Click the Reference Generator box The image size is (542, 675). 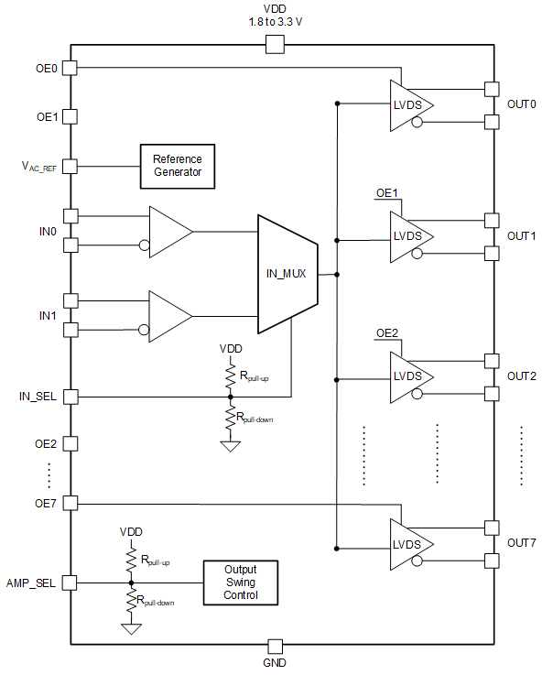(177, 165)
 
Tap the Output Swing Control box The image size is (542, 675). (240, 582)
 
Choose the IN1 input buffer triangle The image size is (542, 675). (170, 314)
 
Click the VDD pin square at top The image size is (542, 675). (274, 44)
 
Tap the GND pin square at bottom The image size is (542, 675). (274, 645)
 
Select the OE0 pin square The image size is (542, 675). (70, 68)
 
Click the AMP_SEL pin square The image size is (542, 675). (70, 582)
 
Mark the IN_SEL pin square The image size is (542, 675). (70, 397)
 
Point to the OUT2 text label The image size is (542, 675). (521, 376)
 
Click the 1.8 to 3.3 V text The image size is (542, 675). (274, 22)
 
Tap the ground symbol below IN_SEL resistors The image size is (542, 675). (230, 445)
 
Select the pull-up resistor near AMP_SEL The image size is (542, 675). (131, 559)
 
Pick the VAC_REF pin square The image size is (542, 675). (70, 167)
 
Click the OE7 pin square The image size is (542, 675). (70, 504)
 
